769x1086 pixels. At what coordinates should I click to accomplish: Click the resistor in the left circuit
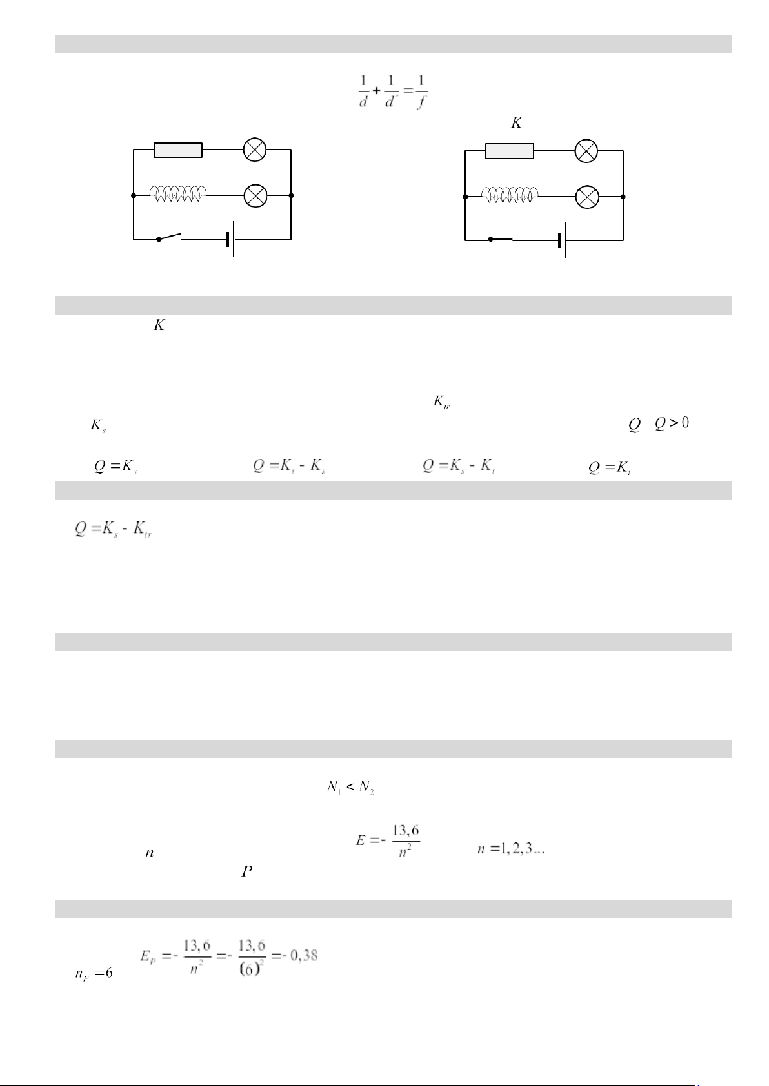point(178,150)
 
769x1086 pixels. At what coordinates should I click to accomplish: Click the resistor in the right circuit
point(510,151)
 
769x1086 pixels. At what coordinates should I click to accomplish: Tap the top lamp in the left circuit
point(255,150)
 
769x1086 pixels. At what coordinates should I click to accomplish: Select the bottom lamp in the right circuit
point(586,197)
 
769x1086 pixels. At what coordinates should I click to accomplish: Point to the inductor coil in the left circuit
point(179,193)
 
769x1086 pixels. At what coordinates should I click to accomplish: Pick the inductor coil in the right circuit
point(510,195)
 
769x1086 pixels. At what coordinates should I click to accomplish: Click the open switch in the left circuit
point(169,238)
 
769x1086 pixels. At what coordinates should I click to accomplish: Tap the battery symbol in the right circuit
point(563,240)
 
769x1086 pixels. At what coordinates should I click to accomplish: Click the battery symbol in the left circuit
point(231,239)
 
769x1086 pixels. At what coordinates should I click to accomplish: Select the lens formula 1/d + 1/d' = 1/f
point(394,92)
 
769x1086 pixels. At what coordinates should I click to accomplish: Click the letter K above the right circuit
point(516,122)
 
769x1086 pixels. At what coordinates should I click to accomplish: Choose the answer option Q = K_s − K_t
point(459,467)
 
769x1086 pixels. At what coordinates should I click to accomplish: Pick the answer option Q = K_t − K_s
point(288,467)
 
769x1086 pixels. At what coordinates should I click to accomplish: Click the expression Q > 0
point(672,423)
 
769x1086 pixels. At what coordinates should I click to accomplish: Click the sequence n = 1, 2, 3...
point(512,850)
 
